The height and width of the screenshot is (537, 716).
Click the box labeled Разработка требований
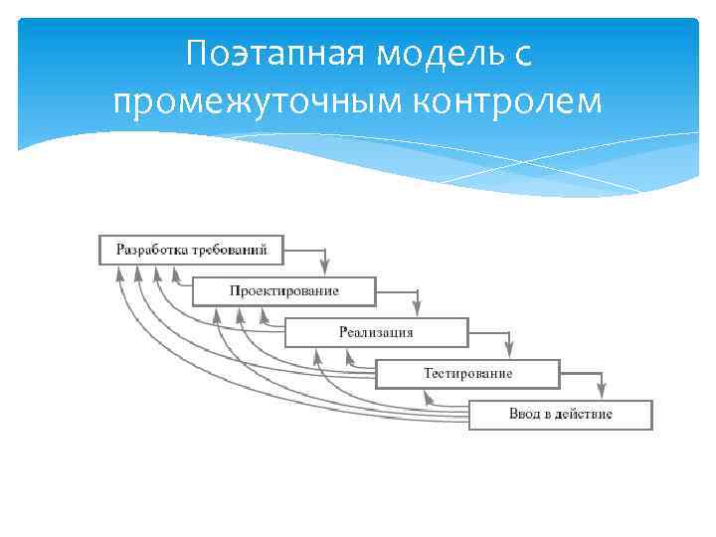pos(191,249)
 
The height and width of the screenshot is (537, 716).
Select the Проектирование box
pos(283,290)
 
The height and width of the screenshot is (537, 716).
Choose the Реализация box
pos(376,332)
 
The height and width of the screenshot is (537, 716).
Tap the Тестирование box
pos(467,374)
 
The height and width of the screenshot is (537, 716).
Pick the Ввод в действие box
pos(560,415)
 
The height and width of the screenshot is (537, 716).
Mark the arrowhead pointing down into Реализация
pos(417,307)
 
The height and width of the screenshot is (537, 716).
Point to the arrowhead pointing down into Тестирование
pos(509,349)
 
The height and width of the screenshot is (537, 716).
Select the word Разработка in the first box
pos(151,249)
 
